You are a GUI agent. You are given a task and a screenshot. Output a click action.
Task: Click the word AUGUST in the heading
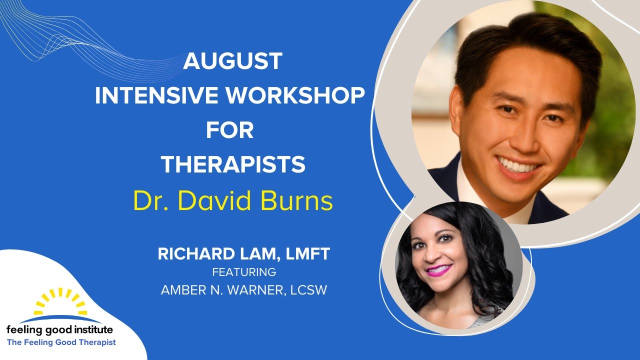232,61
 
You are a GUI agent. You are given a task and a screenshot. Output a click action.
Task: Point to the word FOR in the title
230,130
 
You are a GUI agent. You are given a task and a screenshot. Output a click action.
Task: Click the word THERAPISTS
233,164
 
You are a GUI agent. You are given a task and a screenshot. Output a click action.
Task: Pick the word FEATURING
244,272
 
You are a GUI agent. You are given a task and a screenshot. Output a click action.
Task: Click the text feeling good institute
59,330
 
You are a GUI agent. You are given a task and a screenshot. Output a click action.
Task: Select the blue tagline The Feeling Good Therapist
61,342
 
